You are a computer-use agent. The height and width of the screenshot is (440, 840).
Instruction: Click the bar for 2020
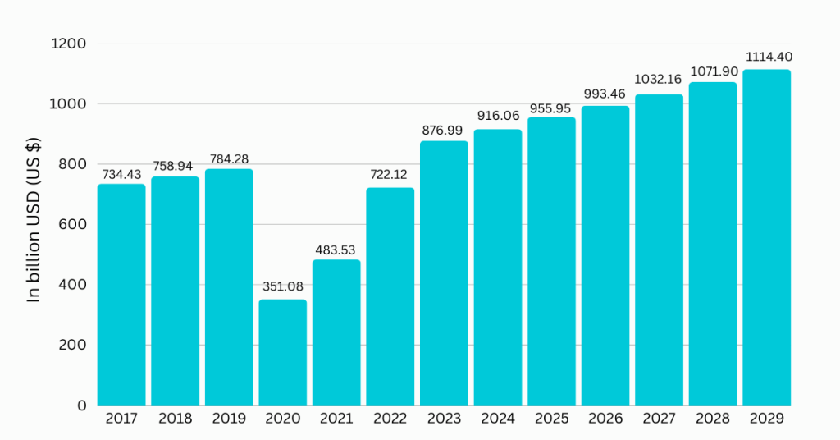tap(283, 352)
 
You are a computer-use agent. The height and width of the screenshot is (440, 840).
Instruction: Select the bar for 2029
tap(767, 237)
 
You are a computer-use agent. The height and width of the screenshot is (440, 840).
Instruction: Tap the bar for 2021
tap(336, 332)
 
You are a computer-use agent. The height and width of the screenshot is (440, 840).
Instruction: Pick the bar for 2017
tap(121, 295)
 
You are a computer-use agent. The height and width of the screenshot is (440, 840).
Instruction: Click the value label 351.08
tap(283, 287)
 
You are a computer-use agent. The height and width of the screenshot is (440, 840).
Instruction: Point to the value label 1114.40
tap(768, 57)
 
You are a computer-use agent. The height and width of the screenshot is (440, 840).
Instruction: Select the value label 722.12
tap(390, 175)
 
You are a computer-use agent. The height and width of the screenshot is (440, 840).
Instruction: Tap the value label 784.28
tap(229, 156)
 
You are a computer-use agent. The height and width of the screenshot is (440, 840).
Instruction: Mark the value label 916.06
tap(498, 117)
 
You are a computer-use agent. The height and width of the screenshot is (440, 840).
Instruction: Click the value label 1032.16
tap(659, 80)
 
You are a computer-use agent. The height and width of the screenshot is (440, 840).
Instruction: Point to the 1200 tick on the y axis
tap(70, 44)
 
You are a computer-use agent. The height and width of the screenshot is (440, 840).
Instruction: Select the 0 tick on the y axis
tap(81, 406)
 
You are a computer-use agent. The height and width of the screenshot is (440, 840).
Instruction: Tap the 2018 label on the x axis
tap(176, 419)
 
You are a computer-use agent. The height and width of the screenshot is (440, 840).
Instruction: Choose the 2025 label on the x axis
tap(551, 419)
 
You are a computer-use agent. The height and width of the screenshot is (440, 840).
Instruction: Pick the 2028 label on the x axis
tap(713, 419)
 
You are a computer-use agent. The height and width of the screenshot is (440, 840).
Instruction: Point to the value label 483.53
tap(336, 249)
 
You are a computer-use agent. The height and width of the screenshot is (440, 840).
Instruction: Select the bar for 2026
tap(605, 255)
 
